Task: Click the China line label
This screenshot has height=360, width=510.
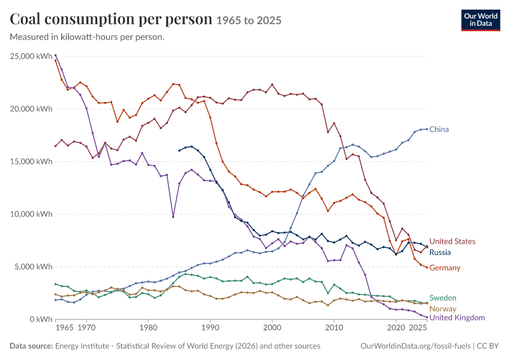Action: [439, 130]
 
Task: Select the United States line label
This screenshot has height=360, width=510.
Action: [452, 241]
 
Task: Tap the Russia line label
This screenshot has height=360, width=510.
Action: [440, 253]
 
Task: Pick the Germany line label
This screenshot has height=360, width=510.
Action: [445, 268]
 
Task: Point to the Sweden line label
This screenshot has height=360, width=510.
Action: [443, 298]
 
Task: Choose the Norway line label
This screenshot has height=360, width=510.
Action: [443, 308]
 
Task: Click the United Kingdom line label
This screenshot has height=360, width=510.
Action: [457, 317]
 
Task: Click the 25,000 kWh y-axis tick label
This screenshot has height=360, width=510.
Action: [31, 56]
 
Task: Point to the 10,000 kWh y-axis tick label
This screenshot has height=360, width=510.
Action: [31, 214]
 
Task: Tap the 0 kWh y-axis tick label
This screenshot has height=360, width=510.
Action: [41, 319]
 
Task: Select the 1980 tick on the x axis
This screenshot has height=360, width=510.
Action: [148, 328]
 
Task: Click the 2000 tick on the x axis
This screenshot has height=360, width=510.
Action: [272, 328]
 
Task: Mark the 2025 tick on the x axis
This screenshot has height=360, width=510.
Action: [418, 328]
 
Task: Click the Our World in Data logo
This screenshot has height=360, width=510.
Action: [481, 20]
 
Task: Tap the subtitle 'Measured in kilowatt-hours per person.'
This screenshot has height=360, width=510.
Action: [87, 37]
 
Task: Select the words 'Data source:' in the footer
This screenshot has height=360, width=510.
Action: [31, 346]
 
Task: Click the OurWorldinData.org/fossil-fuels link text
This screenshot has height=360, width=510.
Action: [415, 346]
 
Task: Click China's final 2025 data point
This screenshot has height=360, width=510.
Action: [427, 129]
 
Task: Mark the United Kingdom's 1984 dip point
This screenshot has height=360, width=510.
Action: [173, 217]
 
